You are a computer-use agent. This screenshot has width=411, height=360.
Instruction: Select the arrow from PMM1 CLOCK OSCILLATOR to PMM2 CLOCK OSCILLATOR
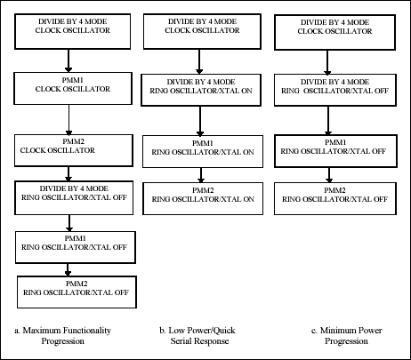point(69,119)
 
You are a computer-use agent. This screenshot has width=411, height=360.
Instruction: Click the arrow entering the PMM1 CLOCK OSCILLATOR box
point(69,62)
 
